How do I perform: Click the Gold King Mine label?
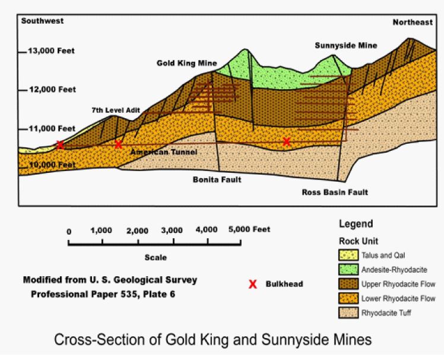pyautogui.click(x=186, y=62)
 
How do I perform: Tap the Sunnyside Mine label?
pyautogui.click(x=345, y=45)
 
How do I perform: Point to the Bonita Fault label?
pyautogui.click(x=217, y=179)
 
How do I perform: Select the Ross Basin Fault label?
pyautogui.click(x=335, y=192)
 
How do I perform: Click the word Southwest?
pyautogui.click(x=42, y=21)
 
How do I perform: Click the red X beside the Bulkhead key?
pyautogui.click(x=253, y=285)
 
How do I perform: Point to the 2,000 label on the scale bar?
pyautogui.click(x=137, y=230)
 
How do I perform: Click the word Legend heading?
pyautogui.click(x=356, y=224)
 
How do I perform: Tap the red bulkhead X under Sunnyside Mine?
pyautogui.click(x=287, y=141)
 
